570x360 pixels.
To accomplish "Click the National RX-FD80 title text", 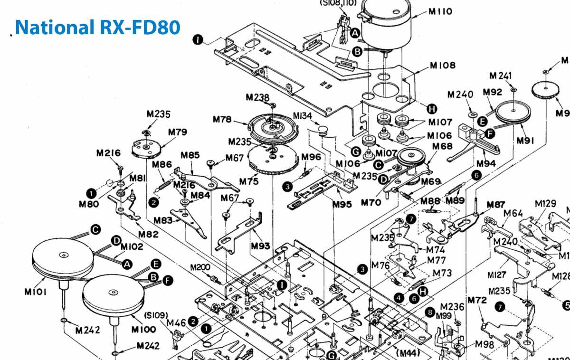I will [97, 27].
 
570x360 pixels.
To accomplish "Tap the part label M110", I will [440, 11].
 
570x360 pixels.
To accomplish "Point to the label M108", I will [443, 66].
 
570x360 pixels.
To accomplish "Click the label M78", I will [222, 119].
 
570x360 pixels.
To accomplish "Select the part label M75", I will [249, 181].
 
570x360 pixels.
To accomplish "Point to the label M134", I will [303, 116].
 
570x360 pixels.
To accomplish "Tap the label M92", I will [493, 92].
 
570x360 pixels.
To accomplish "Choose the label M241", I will [501, 76].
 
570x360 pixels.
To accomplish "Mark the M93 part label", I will [261, 246].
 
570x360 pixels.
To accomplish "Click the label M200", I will [200, 267].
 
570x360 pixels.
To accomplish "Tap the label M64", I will [513, 213].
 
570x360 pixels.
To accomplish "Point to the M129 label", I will [545, 203].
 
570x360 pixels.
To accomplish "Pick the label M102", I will [132, 247].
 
